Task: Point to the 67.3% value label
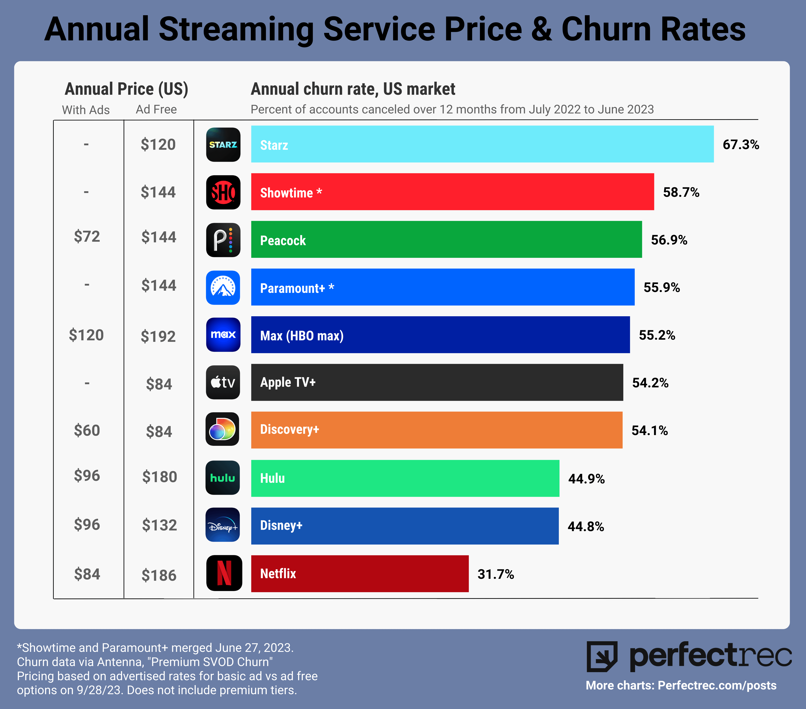[740, 145]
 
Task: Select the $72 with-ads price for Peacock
[87, 237]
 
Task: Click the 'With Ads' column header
[86, 110]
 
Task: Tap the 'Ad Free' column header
[156, 110]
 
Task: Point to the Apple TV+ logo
[223, 382]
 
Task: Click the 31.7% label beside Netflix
[496, 574]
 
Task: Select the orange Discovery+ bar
[437, 430]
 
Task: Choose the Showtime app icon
[223, 192]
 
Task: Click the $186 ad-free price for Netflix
[159, 575]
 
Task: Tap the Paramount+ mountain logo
[223, 287]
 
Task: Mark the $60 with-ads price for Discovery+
[87, 430]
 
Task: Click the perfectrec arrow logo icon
[602, 657]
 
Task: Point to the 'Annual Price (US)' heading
[126, 89]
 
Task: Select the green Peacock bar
[446, 240]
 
